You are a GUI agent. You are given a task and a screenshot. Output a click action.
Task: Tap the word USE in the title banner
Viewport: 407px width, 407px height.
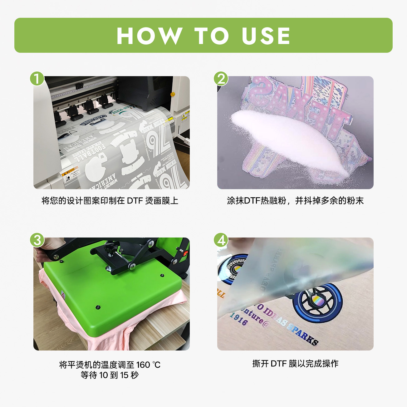coord(266,36)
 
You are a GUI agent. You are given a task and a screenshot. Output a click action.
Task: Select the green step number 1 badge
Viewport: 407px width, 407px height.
coord(37,79)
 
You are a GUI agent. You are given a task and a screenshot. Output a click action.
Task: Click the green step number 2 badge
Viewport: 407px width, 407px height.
coord(221,79)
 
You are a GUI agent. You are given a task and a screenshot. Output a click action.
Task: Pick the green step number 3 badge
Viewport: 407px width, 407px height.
coord(37,240)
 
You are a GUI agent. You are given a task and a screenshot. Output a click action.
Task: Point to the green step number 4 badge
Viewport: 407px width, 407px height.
coord(221,240)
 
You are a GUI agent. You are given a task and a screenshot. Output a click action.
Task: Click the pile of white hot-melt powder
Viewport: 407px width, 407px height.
coord(290,137)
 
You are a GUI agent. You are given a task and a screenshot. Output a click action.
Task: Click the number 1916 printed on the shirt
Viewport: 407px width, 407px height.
coord(239,319)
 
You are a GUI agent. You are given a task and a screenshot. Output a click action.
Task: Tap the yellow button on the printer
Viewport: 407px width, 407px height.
coord(172,94)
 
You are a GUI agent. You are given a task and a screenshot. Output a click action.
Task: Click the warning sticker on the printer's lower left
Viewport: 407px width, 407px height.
coord(70,175)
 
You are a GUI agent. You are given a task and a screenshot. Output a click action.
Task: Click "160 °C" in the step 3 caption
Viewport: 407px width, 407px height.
coord(148,365)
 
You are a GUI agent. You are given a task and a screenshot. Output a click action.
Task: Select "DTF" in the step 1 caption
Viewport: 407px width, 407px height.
coord(135,201)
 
